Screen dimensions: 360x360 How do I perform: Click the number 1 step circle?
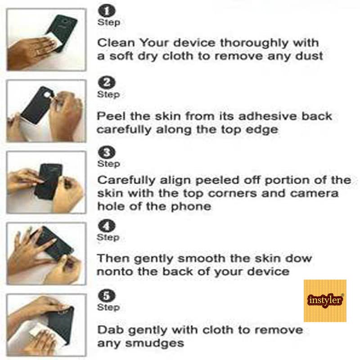(x=107, y=11)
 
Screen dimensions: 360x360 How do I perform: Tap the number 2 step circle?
(x=107, y=82)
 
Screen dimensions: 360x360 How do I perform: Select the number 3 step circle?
(x=107, y=152)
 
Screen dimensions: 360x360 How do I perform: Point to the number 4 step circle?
(x=107, y=226)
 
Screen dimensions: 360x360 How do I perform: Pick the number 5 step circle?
(x=107, y=296)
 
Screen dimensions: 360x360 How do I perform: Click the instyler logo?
(x=325, y=301)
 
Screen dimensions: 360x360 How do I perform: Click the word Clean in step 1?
(x=116, y=43)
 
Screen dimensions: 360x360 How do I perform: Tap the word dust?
(x=309, y=56)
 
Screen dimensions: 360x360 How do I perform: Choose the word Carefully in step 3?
(x=126, y=180)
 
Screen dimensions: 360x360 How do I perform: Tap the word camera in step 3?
(x=314, y=193)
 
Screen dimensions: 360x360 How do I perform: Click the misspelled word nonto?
(x=115, y=272)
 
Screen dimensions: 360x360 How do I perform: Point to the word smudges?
(x=154, y=344)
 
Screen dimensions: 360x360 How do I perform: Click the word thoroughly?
(x=254, y=43)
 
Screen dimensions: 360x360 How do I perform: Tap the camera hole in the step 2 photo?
(x=47, y=94)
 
